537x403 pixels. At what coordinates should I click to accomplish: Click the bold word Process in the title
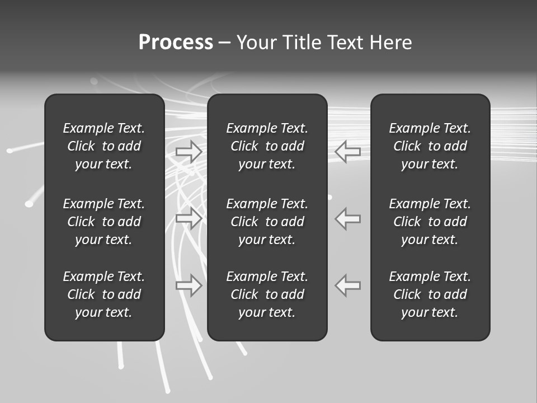point(176,43)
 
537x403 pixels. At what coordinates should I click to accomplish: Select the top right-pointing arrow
point(189,151)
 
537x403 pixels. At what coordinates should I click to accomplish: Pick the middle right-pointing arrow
point(189,218)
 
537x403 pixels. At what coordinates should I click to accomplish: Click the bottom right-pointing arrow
point(189,285)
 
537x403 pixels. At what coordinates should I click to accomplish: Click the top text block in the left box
point(104,146)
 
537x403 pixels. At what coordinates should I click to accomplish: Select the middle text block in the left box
point(104,222)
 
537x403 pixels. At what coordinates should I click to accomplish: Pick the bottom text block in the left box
point(104,294)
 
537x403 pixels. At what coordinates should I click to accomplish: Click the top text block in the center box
point(267,146)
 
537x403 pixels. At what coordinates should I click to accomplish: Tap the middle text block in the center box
point(267,222)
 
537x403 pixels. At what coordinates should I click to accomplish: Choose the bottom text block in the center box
point(267,294)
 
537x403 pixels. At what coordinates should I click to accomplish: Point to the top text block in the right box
point(430,146)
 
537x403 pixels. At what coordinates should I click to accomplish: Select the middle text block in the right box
point(430,222)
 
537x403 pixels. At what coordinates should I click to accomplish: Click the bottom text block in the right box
point(430,294)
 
